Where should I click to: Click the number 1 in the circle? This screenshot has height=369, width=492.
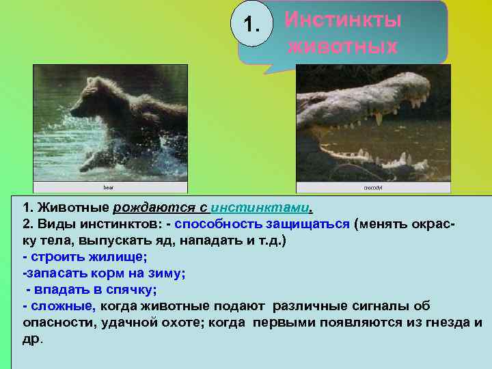point(251,27)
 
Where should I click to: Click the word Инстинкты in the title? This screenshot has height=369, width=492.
point(342,20)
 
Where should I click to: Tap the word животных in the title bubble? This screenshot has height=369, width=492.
point(342,47)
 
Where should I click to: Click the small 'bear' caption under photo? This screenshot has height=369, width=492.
point(109,187)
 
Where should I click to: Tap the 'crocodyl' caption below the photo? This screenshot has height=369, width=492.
point(372,187)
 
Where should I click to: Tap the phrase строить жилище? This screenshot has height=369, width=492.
point(88,257)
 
